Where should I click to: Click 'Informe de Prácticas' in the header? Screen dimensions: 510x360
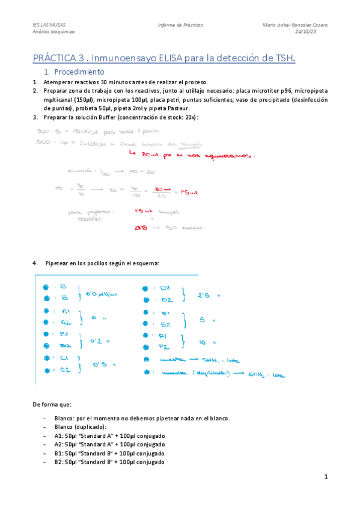180,25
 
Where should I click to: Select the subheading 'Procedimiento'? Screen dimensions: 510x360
79,72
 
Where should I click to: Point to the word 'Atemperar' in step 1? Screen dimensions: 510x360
57,82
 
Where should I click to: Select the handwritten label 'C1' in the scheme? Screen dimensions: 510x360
65,358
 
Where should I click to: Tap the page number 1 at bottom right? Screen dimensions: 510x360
325,477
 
